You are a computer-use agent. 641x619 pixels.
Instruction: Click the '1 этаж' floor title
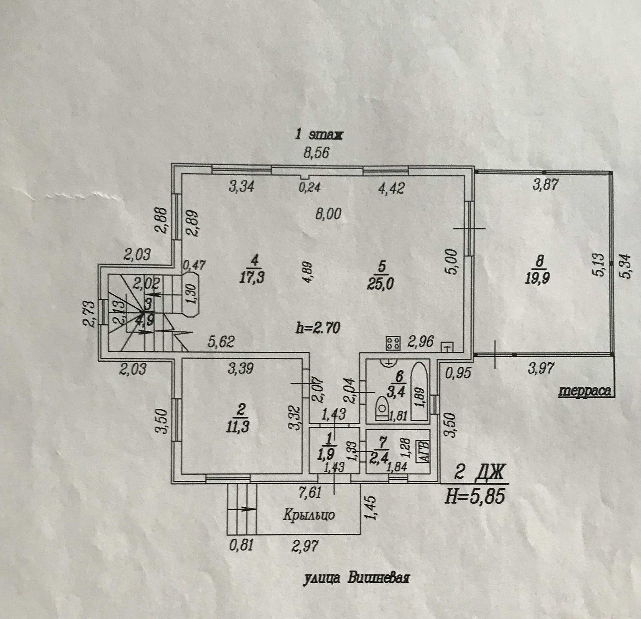click(x=319, y=135)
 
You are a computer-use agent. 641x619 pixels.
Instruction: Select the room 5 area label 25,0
click(x=380, y=283)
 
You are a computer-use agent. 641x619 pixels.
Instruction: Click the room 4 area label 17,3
click(x=252, y=278)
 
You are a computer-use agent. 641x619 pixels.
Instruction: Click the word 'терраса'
click(x=585, y=391)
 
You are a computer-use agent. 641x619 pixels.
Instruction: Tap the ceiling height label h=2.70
click(x=317, y=328)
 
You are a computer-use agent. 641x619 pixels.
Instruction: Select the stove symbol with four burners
click(x=393, y=342)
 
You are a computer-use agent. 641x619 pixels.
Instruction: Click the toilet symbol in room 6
click(x=381, y=409)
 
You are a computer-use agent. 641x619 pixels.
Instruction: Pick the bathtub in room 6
click(x=421, y=392)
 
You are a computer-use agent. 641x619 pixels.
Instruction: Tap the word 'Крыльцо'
click(x=309, y=515)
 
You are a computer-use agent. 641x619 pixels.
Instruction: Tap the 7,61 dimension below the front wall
click(x=310, y=492)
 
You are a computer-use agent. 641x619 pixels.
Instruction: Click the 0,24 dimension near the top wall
click(x=309, y=187)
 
